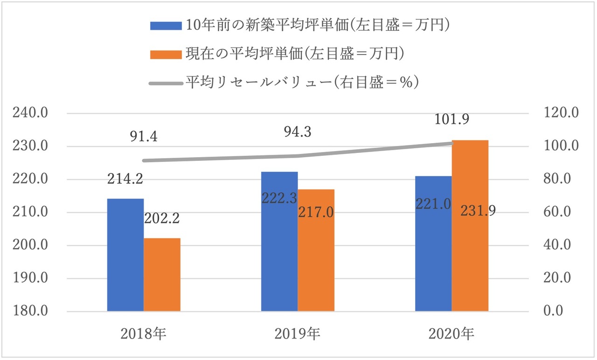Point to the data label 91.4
click(144, 138)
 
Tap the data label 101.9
click(452, 119)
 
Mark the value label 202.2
click(162, 218)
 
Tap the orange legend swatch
click(166, 55)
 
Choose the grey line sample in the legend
click(166, 83)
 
